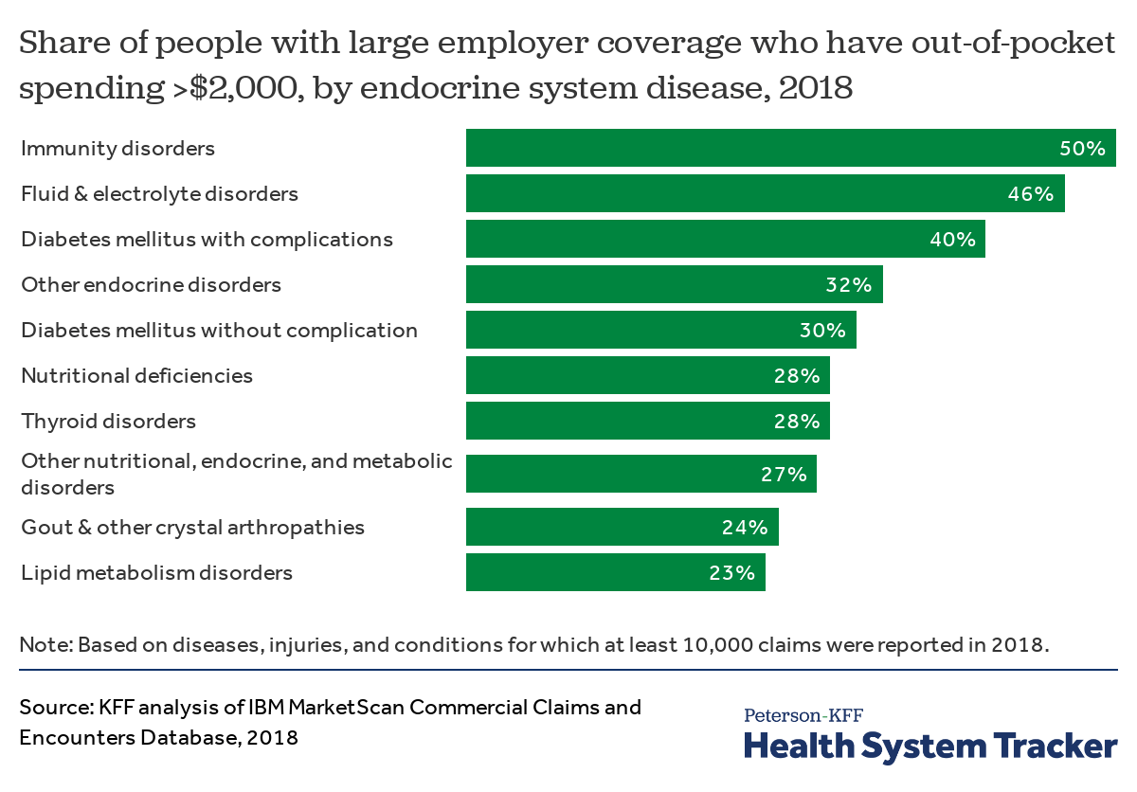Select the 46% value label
tap(1030, 194)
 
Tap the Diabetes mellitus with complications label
tap(207, 239)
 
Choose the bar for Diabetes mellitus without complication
tap(660, 330)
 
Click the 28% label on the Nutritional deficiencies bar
tap(796, 376)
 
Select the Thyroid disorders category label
tap(108, 421)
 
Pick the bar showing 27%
tap(641, 474)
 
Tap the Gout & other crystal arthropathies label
tap(192, 527)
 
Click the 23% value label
tap(731, 573)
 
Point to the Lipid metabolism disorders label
tap(156, 572)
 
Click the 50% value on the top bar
tap(1082, 149)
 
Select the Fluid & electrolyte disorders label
tap(159, 193)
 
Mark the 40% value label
tap(952, 240)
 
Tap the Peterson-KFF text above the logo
tap(803, 715)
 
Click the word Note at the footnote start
tap(45, 645)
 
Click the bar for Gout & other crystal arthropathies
tap(622, 527)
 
